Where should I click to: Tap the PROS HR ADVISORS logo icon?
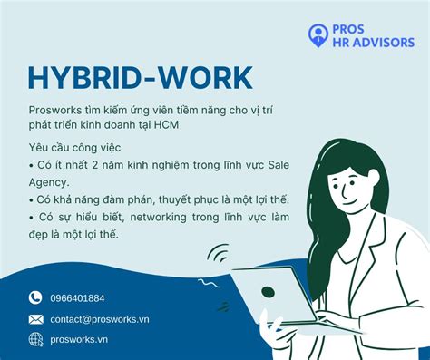317,35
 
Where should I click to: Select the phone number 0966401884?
77,297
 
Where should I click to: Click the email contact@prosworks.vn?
100,318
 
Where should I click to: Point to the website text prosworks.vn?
78,339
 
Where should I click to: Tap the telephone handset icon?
35,297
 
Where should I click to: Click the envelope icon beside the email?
35,318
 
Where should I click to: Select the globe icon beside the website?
35,339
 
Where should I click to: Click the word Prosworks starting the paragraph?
53,110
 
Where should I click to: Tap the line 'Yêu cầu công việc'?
73,147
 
